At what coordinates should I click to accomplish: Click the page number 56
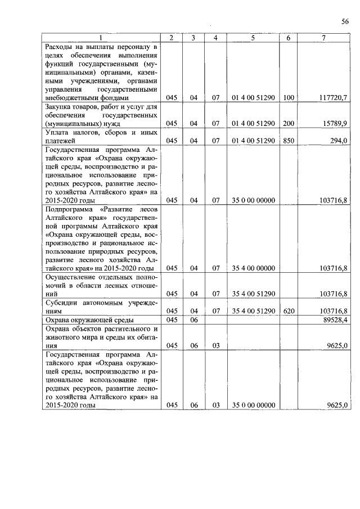[345, 21]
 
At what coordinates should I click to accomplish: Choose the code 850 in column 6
[289, 141]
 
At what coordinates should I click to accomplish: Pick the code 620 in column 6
[289, 311]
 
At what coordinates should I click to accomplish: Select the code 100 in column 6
[289, 97]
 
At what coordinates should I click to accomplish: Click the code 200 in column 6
[289, 123]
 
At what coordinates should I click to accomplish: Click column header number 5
[253, 38]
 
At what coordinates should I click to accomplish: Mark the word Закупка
[58, 106]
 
